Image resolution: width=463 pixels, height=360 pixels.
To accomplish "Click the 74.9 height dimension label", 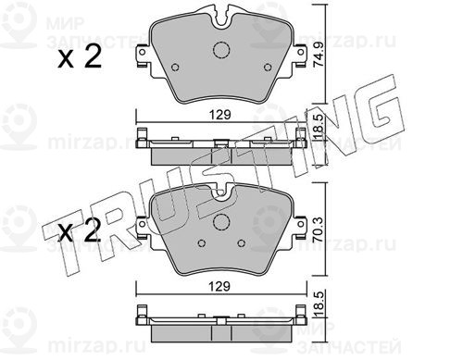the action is click(x=318, y=55).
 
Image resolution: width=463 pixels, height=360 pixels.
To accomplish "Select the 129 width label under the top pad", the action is click(x=220, y=115).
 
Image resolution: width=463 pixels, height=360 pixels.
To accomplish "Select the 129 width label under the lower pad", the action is click(x=219, y=287).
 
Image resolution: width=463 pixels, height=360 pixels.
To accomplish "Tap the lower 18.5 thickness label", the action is click(x=319, y=304).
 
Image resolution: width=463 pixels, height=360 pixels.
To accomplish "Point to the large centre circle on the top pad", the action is click(x=221, y=49).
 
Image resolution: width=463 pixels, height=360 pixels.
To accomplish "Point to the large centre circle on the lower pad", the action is click(x=221, y=222).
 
